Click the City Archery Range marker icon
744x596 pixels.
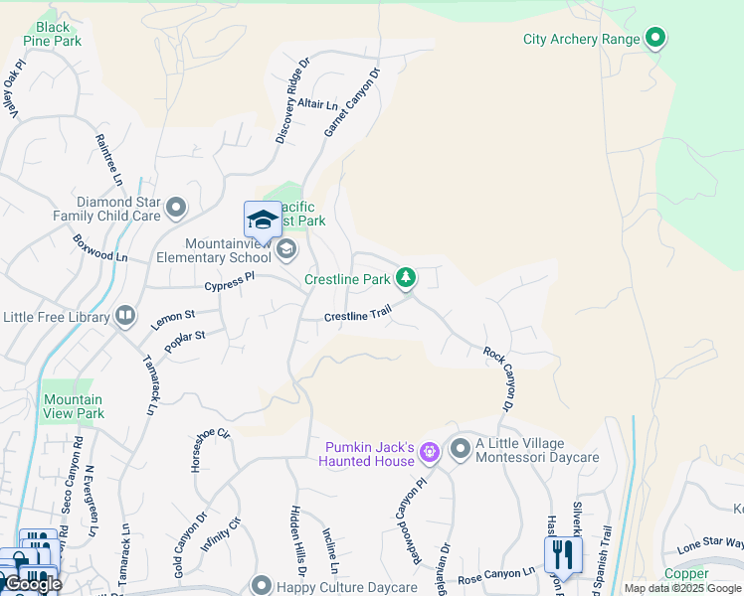[654, 39]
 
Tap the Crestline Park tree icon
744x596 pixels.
[406, 279]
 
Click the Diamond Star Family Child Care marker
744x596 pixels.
[176, 208]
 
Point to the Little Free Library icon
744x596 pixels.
[125, 316]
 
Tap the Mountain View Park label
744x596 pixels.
[73, 406]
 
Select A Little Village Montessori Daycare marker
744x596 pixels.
[460, 449]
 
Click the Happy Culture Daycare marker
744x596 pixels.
[261, 585]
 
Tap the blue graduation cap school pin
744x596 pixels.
[263, 220]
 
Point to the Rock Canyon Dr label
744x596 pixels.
[498, 378]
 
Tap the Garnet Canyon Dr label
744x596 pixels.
[353, 102]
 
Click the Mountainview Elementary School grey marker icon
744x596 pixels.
[286, 248]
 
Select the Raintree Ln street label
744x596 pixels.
[108, 160]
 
